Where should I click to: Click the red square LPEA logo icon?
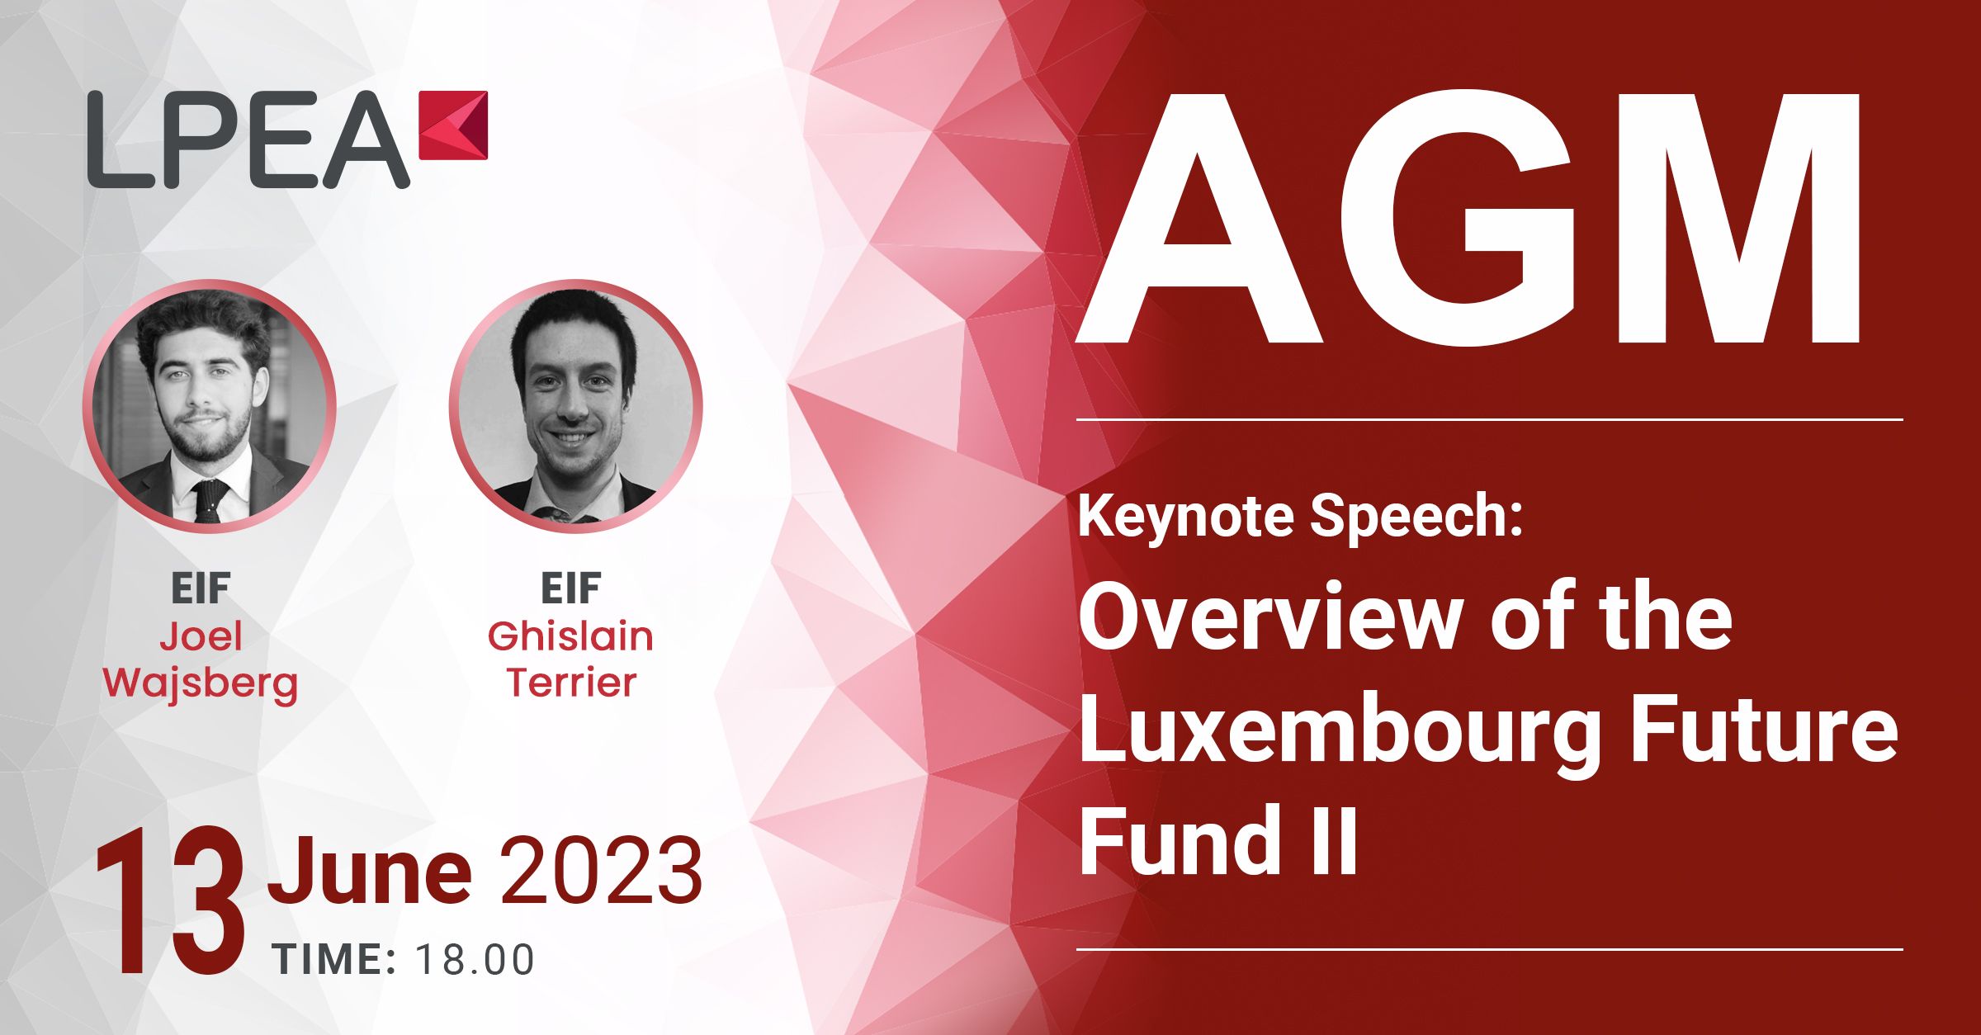point(453,125)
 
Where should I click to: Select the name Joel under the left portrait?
point(201,636)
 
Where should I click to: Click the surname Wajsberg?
point(200,684)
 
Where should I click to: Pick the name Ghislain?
point(570,636)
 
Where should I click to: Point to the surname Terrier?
point(571,683)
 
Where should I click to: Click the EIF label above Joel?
point(201,588)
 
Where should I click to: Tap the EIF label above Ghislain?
point(570,588)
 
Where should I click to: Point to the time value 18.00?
point(475,960)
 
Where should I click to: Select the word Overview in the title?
point(1270,617)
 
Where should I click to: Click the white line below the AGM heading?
point(1490,420)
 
